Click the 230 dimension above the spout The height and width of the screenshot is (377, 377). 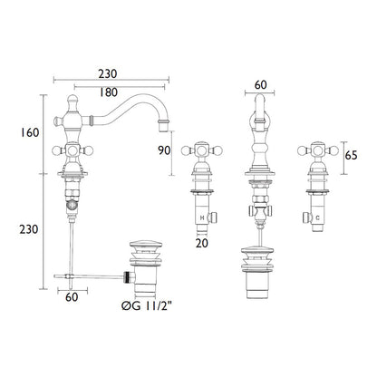pos(108,73)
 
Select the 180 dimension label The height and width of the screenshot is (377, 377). pos(108,92)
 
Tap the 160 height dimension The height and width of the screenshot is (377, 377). pos(30,132)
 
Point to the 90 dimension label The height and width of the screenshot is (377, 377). pos(164,150)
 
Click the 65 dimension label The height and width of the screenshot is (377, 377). pos(351,156)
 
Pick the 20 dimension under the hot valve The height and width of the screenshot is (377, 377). pos(202,243)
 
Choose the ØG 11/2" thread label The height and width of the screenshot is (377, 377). pos(147,306)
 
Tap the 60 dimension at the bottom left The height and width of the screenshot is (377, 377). pos(72,297)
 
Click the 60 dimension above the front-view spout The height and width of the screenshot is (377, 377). pos(260,85)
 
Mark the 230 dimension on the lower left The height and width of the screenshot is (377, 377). pos(29,229)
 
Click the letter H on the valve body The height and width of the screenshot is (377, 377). pos(202,217)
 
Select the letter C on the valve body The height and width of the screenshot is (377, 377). pos(317,217)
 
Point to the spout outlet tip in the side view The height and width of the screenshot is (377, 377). pos(163,126)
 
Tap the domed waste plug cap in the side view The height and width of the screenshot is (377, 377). pos(146,245)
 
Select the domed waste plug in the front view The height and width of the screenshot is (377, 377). pos(257,251)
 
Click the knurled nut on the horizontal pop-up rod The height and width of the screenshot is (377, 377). pos(129,277)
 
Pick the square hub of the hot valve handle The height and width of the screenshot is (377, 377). pos(201,150)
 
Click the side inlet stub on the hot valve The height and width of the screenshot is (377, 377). pos(214,217)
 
